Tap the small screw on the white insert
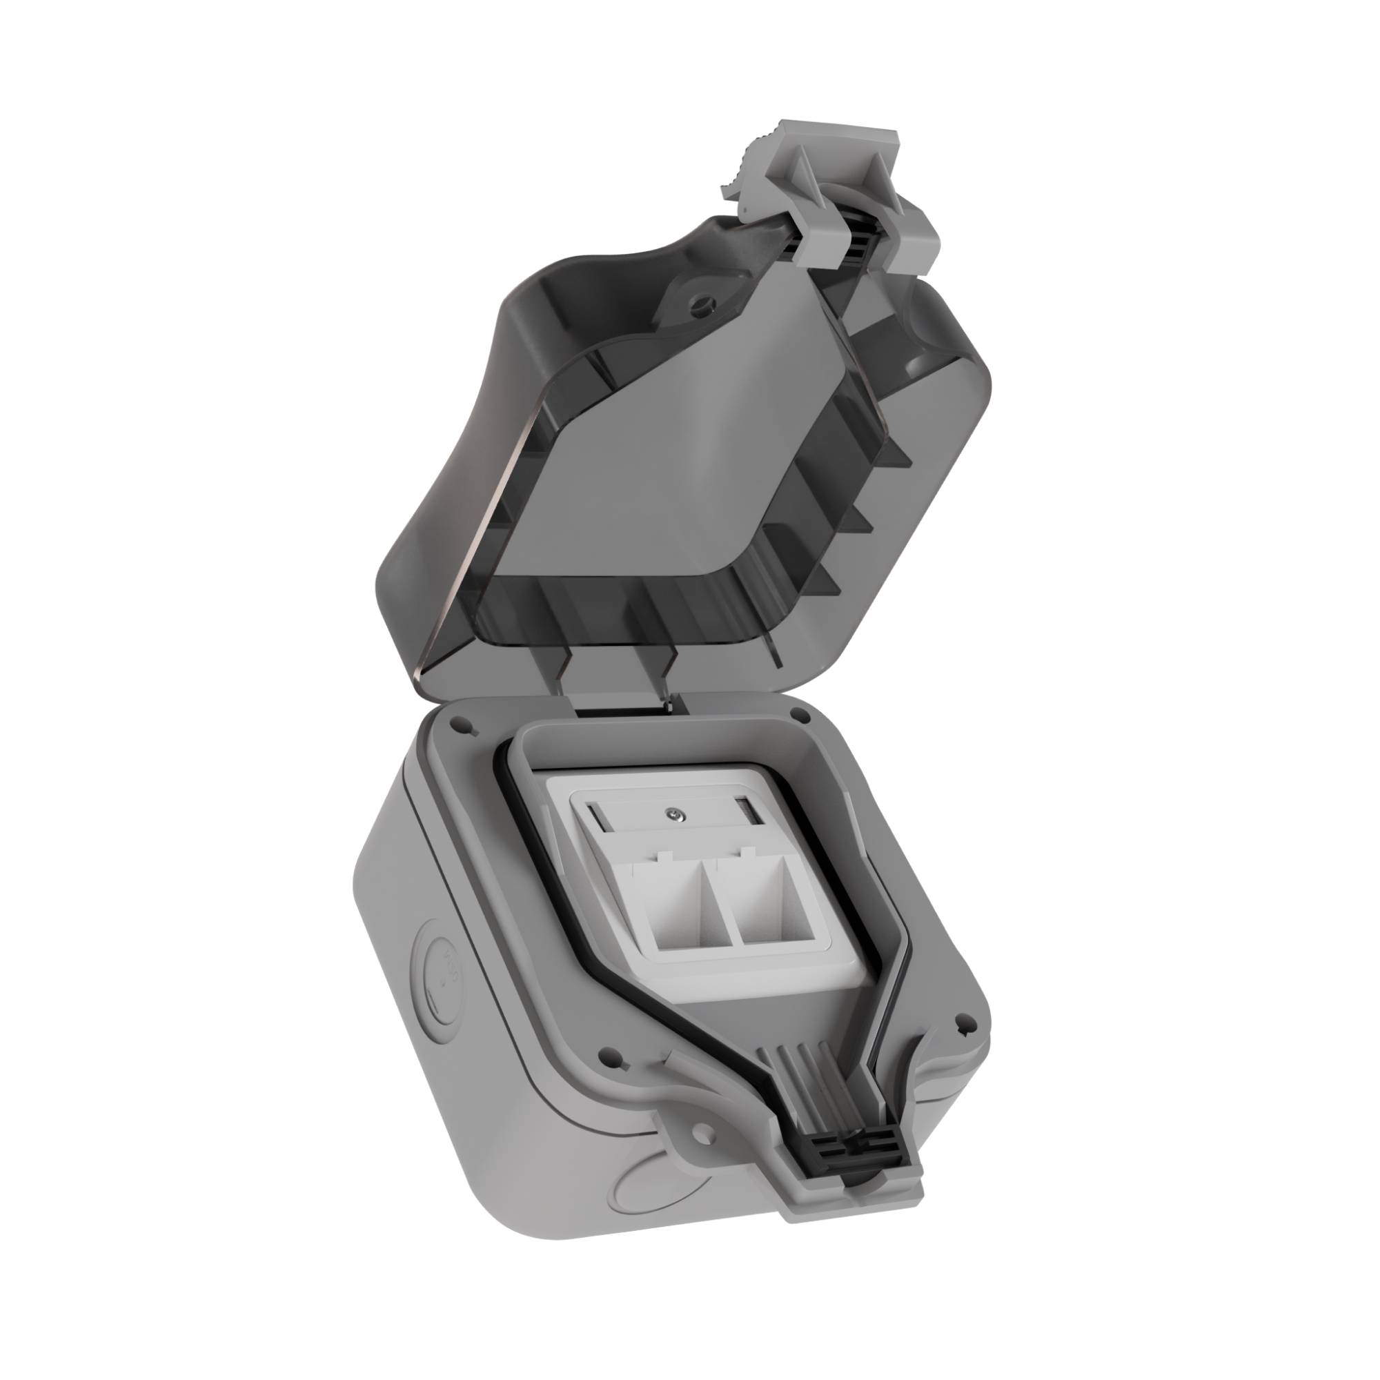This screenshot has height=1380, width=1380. pyautogui.click(x=672, y=812)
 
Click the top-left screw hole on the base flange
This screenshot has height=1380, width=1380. pyautogui.click(x=457, y=727)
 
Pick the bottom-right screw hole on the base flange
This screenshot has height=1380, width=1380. pyautogui.click(x=960, y=1043)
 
